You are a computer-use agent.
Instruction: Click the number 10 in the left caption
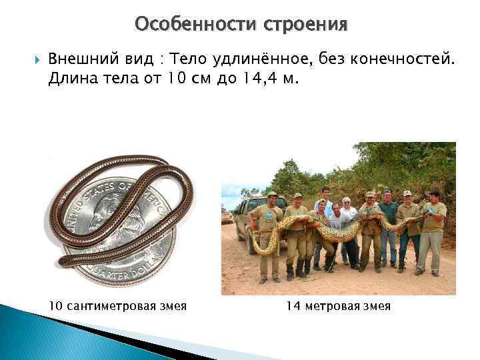[x=56, y=306]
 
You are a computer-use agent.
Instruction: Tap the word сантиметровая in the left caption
[x=108, y=306]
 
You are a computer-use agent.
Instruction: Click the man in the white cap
[x=346, y=213]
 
